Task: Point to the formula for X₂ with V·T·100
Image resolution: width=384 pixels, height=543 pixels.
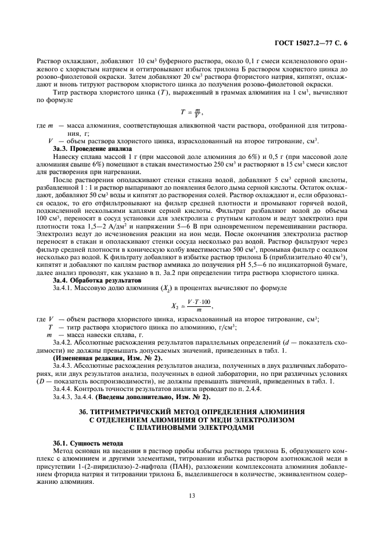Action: point(191,305)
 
